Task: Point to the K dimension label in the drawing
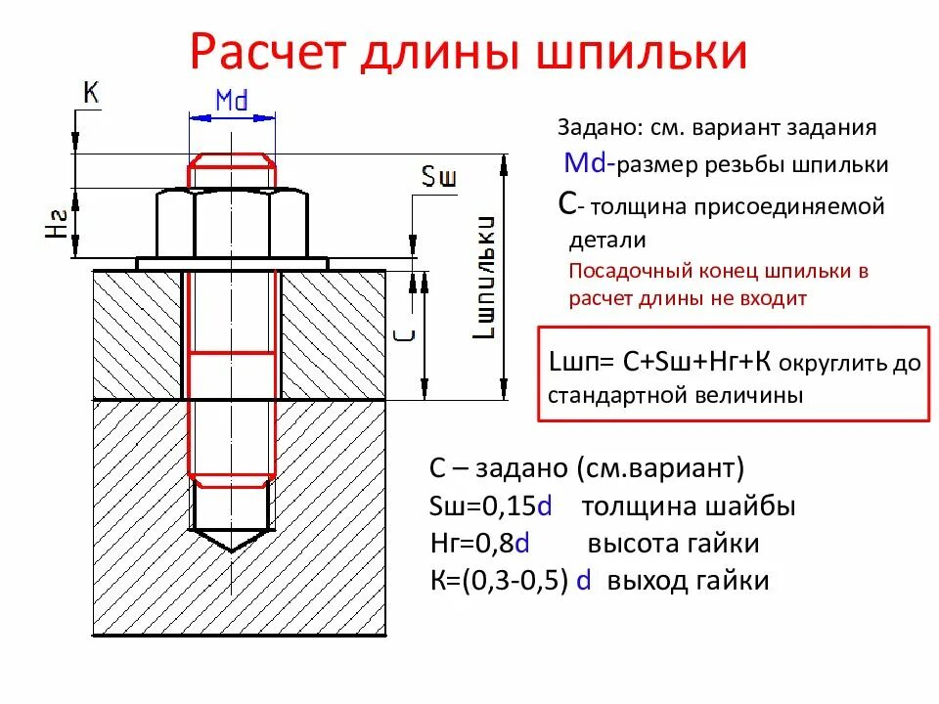[91, 93]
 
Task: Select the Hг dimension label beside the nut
[57, 224]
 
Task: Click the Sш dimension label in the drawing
[439, 176]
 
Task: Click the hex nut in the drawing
[232, 224]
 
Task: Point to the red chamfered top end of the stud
[232, 169]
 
